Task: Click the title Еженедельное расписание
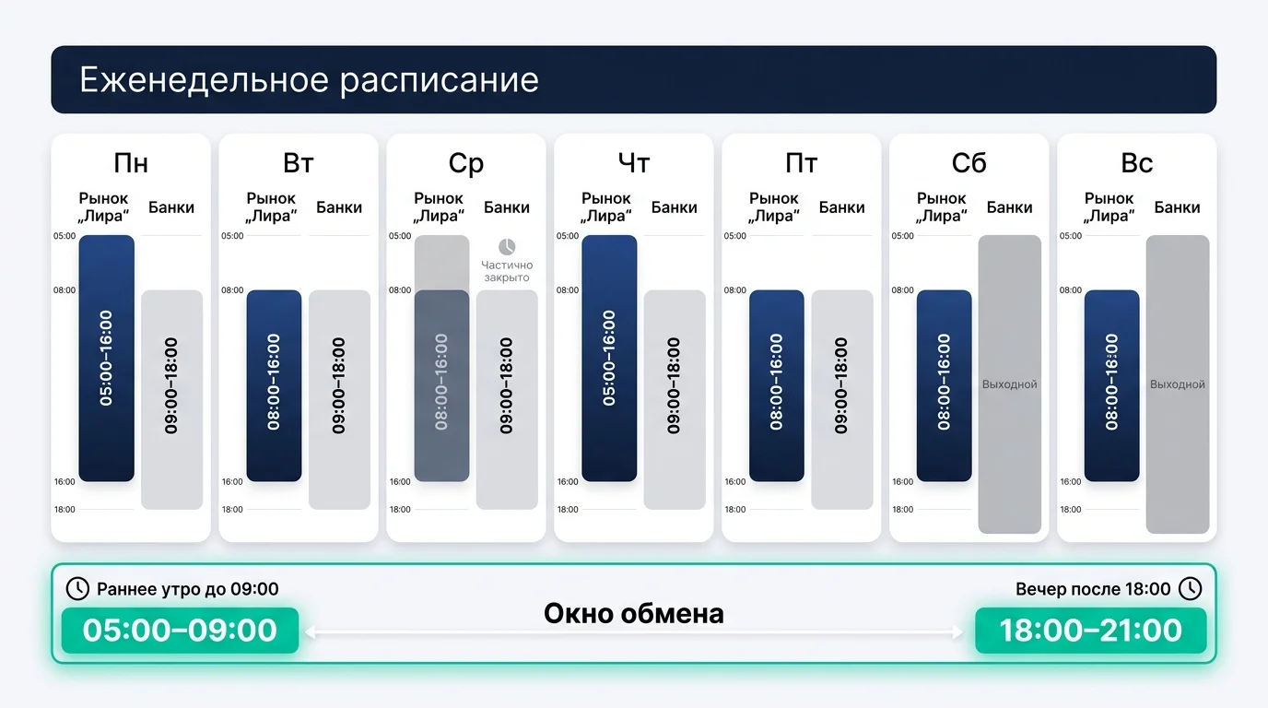309,80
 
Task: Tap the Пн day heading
131,163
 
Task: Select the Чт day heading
634,163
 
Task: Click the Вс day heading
1137,163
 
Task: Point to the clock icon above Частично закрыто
507,247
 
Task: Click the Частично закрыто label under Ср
507,271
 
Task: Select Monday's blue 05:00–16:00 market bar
107,358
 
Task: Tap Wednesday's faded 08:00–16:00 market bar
441,382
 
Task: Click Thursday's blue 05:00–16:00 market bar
609,358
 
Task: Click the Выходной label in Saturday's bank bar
1010,384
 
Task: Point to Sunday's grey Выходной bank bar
1178,384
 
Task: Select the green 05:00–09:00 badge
180,631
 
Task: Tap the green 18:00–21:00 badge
1091,631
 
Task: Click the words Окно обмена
633,613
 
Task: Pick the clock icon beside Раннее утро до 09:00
78,589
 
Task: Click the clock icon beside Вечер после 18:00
1191,589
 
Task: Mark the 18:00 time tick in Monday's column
65,510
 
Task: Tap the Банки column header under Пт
842,207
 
